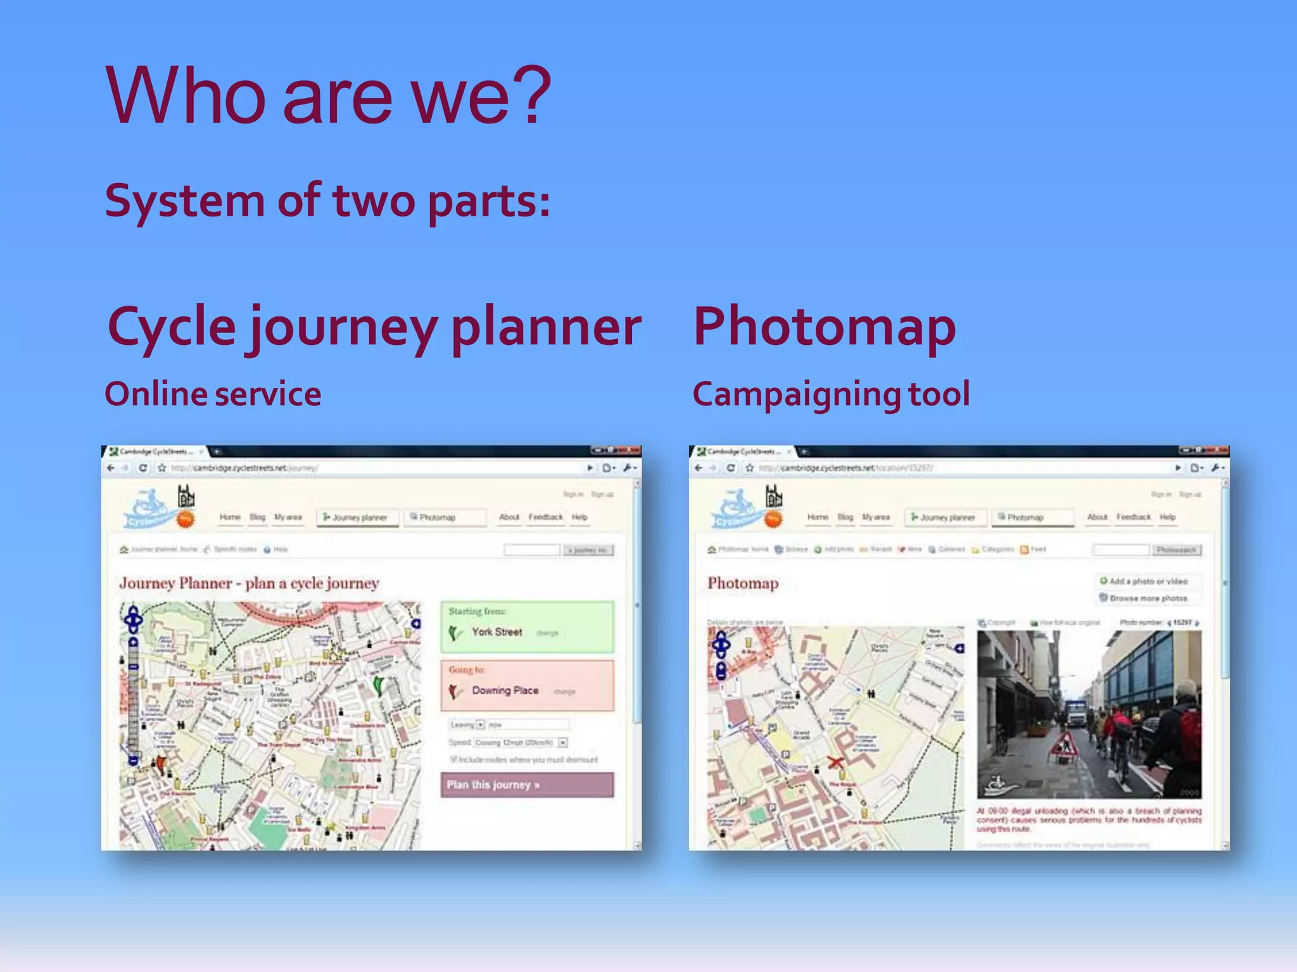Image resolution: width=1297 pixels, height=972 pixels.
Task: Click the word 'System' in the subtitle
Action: [x=184, y=201]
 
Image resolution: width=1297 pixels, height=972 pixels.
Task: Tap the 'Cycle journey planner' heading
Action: [x=374, y=327]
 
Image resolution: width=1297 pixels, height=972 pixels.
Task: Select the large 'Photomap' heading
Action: [x=824, y=327]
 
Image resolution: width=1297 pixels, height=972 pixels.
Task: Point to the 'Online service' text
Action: [x=213, y=394]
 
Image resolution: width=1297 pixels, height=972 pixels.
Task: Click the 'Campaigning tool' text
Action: [x=831, y=394]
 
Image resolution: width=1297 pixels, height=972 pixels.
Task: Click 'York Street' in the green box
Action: [x=497, y=632]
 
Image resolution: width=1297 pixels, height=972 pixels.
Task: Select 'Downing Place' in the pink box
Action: [x=505, y=690]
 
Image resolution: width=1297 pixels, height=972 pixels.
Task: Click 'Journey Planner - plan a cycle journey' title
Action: [x=249, y=583]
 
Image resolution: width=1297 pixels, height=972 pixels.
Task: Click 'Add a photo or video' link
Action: [x=1148, y=581]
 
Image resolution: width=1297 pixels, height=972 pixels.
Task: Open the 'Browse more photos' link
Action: [x=1148, y=598]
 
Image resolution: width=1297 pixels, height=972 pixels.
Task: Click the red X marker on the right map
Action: [x=835, y=762]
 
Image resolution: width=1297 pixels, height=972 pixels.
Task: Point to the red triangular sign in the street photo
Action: [x=1065, y=745]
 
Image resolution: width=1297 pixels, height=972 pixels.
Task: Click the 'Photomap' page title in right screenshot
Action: [x=743, y=583]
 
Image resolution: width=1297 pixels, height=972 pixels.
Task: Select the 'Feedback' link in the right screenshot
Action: [x=1134, y=517]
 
